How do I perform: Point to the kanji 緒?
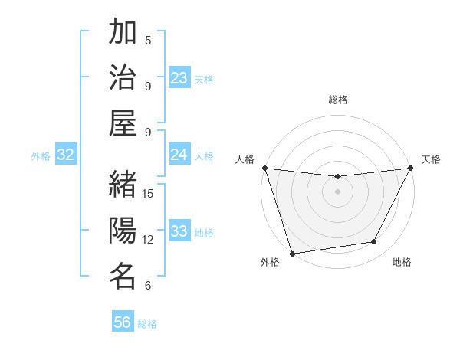tap(123, 185)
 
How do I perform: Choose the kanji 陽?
tap(123, 231)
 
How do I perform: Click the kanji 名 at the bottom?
tap(123, 277)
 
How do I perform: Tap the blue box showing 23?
tap(179, 78)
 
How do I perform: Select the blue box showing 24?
tap(179, 155)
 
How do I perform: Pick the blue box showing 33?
tap(179, 232)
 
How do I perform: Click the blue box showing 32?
tap(66, 155)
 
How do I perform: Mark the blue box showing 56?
tap(123, 322)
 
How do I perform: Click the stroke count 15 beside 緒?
tap(149, 193)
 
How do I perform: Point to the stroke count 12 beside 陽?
tap(149, 239)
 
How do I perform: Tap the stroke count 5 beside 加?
tap(148, 40)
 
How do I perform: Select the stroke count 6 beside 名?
tap(148, 286)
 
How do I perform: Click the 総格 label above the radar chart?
tap(337, 100)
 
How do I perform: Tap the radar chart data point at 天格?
tap(410, 168)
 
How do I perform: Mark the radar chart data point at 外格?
tap(292, 253)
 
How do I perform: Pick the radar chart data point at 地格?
tap(374, 242)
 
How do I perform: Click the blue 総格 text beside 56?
tap(147, 324)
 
